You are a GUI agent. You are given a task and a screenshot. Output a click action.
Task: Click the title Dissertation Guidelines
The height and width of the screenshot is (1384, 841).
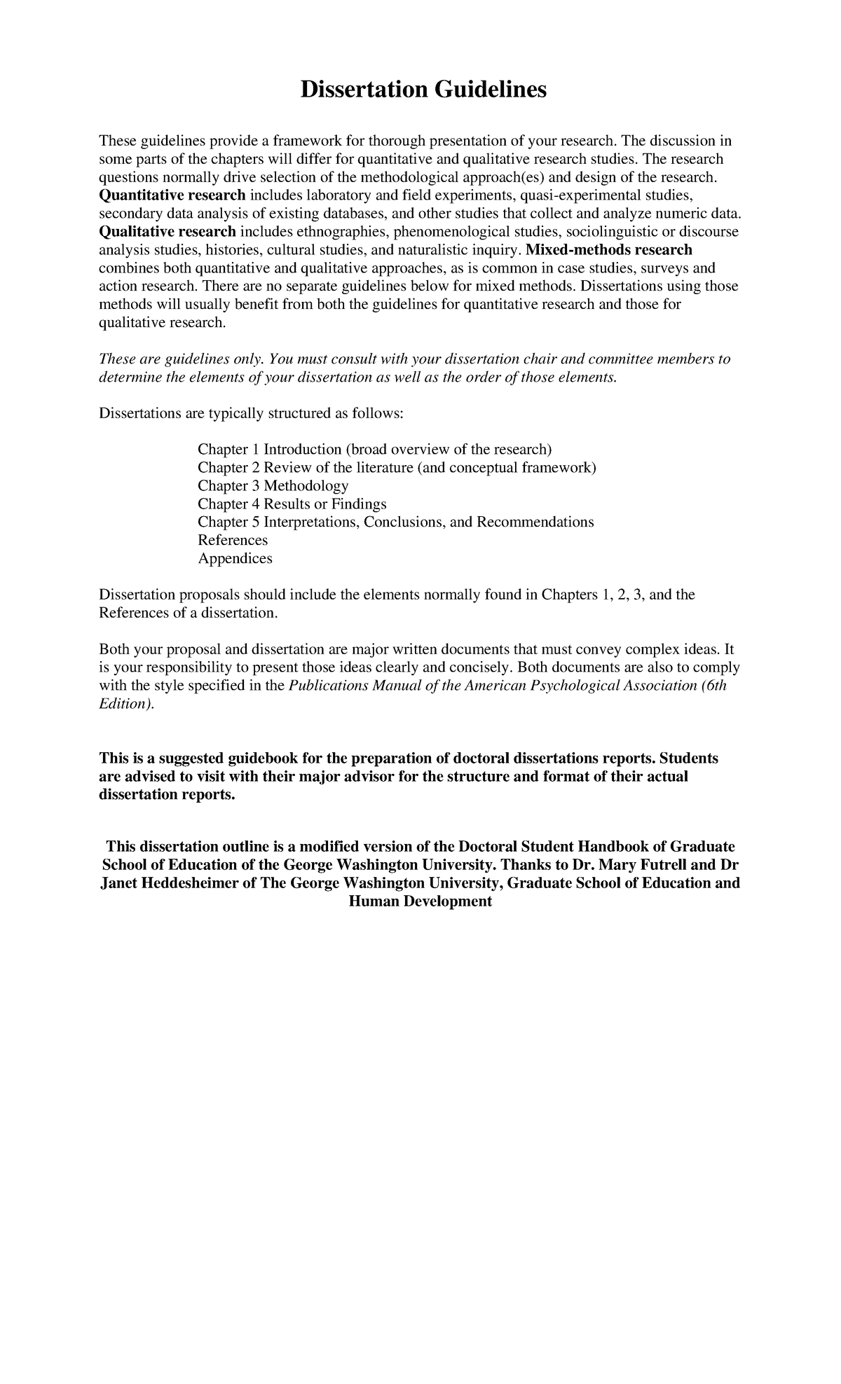[423, 90]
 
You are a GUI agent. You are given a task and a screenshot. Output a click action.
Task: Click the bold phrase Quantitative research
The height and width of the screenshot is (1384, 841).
[172, 195]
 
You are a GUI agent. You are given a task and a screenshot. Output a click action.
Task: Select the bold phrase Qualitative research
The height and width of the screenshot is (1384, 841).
[167, 232]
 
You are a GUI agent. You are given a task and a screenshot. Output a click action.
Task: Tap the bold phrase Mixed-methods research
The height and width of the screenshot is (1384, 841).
[609, 250]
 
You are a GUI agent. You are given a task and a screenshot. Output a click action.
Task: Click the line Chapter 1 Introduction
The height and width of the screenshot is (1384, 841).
[374, 449]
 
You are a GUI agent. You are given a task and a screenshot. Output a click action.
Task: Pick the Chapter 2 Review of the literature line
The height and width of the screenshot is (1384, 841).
[397, 467]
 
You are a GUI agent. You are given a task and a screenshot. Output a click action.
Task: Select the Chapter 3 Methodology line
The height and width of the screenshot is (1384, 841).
[273, 485]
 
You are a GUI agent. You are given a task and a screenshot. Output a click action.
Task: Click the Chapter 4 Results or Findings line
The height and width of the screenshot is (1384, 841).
[292, 504]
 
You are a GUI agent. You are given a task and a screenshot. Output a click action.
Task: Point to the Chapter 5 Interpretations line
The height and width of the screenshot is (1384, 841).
[395, 522]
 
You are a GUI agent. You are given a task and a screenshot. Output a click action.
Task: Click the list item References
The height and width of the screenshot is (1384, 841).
[233, 540]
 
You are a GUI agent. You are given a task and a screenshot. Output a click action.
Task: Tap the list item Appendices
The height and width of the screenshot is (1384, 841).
[235, 558]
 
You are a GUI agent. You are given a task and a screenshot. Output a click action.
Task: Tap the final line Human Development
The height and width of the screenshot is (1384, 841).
[420, 901]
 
